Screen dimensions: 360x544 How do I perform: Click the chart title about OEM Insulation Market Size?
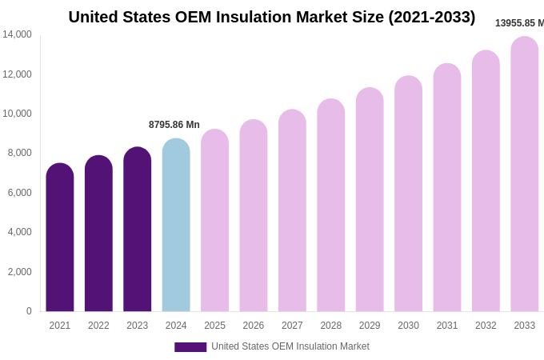click(x=271, y=17)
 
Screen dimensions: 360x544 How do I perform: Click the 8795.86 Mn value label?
click(x=174, y=125)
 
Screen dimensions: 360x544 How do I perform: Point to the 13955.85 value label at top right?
click(x=518, y=23)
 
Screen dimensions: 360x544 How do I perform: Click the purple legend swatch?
click(x=190, y=347)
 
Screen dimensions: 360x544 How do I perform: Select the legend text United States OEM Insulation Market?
click(x=290, y=346)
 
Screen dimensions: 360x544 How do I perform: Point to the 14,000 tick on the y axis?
click(x=17, y=34)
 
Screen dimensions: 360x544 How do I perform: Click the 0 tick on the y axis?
click(x=29, y=311)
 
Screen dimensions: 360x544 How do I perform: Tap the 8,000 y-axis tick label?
click(x=17, y=153)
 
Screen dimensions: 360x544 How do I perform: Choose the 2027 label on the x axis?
click(x=292, y=326)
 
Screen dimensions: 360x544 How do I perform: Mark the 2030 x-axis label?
click(x=408, y=326)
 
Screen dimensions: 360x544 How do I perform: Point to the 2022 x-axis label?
click(x=98, y=326)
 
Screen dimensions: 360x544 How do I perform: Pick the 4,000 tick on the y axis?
click(x=17, y=232)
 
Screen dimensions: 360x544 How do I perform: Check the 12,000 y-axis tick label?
click(x=17, y=74)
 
